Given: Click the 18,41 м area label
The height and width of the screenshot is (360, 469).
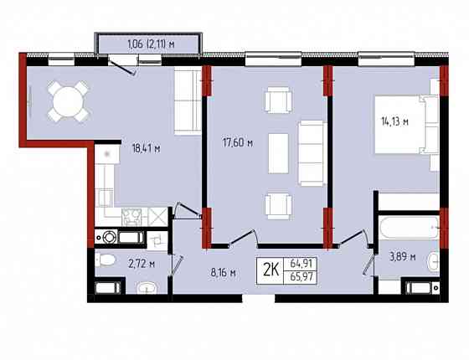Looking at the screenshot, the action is [147, 148].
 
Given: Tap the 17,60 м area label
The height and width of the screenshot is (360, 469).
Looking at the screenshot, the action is [238, 143].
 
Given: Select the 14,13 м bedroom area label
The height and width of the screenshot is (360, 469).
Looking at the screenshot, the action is [394, 121].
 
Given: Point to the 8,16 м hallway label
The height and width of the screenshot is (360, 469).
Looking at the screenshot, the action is [224, 273].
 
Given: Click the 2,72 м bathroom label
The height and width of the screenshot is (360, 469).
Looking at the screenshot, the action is [142, 264].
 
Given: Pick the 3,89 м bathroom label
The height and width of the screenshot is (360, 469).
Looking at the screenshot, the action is [402, 256].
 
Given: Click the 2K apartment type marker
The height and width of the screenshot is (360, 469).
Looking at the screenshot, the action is [271, 270].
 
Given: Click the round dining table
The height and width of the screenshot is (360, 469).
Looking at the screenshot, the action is [68, 102].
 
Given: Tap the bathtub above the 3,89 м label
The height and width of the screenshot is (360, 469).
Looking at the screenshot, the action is [410, 228].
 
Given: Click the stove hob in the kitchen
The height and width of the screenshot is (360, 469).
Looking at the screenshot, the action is [132, 217].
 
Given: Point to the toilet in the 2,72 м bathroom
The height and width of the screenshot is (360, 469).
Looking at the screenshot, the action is [106, 260].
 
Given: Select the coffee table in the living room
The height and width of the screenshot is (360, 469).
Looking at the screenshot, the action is [278, 153].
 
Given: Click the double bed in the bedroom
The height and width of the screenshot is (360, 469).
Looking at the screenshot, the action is [406, 125].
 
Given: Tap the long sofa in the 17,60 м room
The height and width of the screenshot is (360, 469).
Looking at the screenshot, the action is [312, 153].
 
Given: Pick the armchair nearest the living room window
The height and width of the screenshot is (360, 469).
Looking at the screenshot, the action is [278, 100].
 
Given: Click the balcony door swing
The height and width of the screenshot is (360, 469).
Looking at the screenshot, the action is [122, 66].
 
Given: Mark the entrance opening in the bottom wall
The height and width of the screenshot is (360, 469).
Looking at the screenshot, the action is [259, 298].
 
